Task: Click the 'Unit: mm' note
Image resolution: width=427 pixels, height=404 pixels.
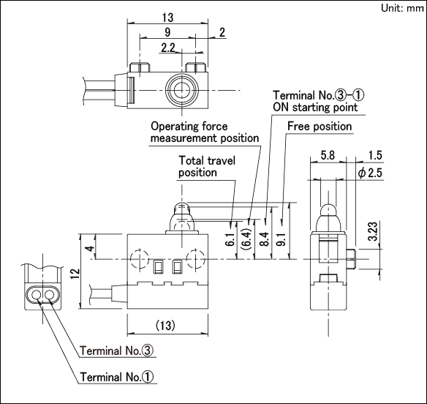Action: click(402, 8)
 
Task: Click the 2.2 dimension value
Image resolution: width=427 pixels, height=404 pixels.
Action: click(167, 48)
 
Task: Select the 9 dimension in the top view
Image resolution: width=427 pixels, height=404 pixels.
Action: click(167, 32)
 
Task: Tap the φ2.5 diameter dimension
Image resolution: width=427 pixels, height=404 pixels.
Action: click(370, 173)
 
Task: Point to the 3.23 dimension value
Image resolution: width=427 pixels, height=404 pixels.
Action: click(373, 231)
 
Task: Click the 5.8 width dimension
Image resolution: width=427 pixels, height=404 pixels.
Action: click(328, 155)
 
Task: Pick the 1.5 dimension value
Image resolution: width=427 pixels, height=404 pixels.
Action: click(375, 155)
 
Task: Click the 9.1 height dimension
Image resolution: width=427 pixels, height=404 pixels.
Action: click(281, 239)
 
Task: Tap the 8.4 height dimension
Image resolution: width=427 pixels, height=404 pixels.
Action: click(264, 239)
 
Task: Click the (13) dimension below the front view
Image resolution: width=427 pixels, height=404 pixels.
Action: click(165, 325)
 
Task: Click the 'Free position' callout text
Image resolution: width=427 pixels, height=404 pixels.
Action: click(320, 126)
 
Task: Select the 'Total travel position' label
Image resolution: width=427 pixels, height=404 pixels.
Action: click(207, 166)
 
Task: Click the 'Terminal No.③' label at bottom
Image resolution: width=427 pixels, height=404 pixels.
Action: click(116, 351)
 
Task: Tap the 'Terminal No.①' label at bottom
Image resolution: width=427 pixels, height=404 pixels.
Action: click(116, 377)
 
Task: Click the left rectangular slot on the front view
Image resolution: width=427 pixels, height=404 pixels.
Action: click(158, 267)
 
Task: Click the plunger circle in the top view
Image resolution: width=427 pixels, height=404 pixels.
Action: click(181, 91)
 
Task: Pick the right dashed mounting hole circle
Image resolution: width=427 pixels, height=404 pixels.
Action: click(195, 258)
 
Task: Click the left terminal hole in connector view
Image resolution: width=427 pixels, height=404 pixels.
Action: click(36, 295)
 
